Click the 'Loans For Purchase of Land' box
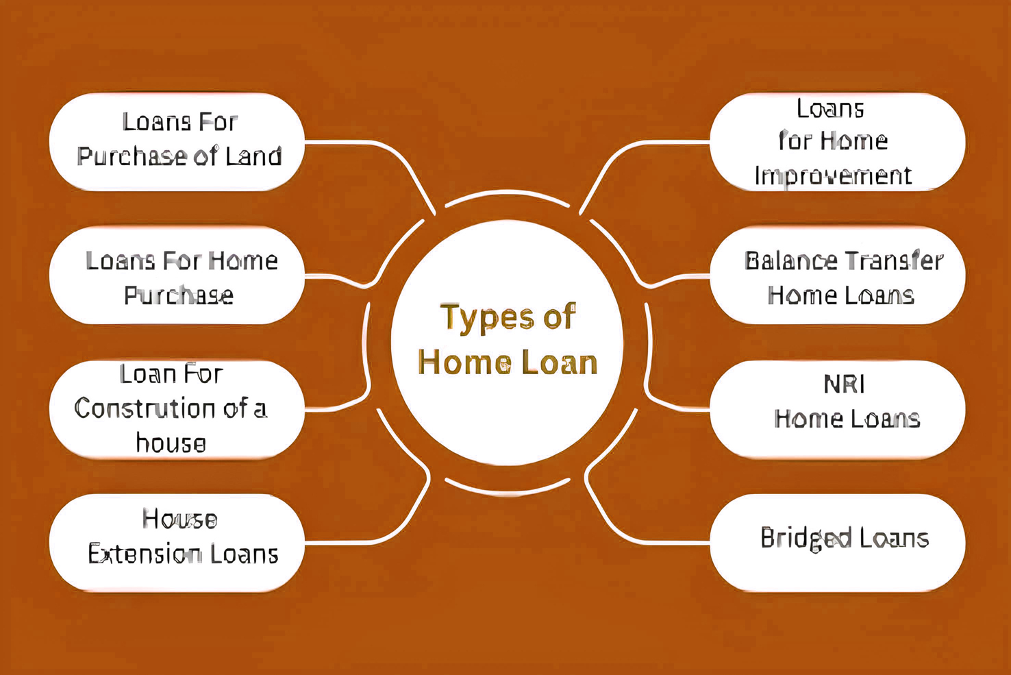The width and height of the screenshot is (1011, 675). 177,142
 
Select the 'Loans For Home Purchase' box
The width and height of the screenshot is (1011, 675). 177,275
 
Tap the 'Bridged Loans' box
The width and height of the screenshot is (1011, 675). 837,542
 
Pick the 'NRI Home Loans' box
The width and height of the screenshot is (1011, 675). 837,409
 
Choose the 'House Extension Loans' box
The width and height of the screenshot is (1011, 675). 177,542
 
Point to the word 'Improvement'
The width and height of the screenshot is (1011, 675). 833,176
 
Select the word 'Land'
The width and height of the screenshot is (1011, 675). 253,157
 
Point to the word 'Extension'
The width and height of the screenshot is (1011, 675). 145,554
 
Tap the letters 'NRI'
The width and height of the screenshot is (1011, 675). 845,384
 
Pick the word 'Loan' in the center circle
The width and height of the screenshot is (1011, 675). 559,363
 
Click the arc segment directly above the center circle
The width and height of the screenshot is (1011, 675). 508,193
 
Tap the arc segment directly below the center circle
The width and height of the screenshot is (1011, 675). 508,491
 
